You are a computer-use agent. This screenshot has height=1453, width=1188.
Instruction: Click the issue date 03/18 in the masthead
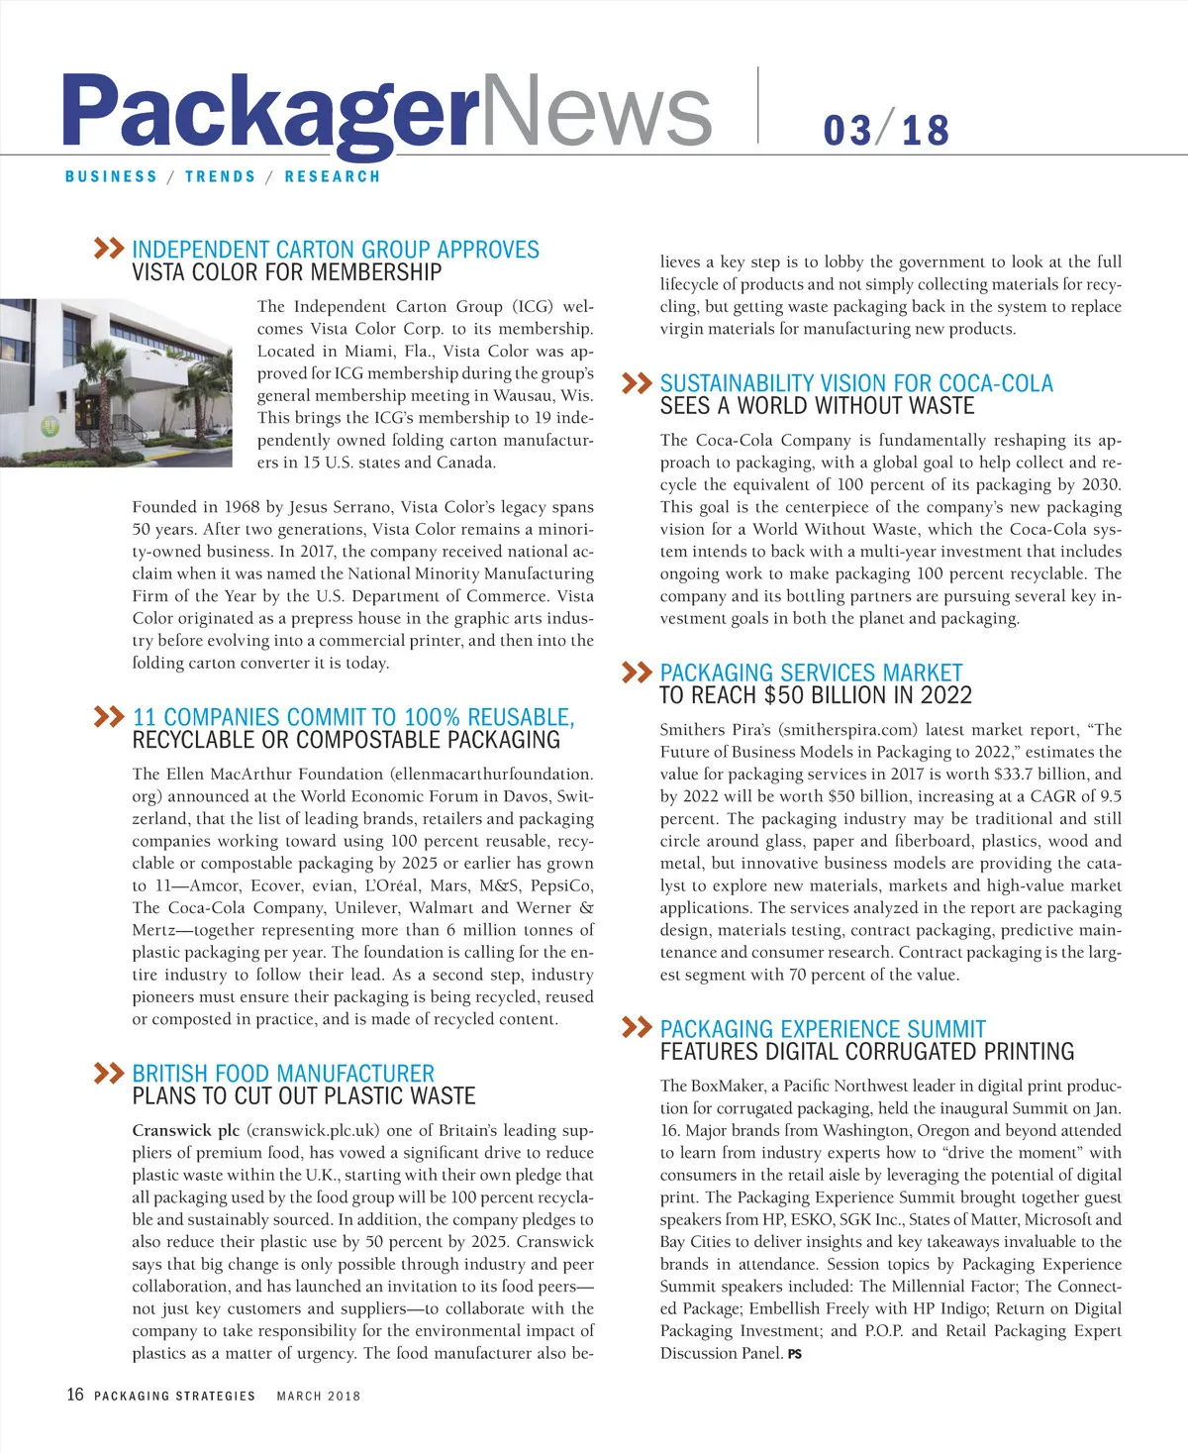[x=886, y=131]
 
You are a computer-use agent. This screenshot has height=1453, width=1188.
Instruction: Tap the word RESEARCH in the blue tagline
[x=332, y=177]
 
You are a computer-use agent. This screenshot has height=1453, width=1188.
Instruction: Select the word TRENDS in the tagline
[x=220, y=177]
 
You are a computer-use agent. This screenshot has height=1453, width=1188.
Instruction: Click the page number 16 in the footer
[x=75, y=1395]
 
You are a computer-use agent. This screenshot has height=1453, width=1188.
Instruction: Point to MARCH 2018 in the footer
[x=319, y=1397]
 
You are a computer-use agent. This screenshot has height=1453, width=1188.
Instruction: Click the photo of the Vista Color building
[x=116, y=381]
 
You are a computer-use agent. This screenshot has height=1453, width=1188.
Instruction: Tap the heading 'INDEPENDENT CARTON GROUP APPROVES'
[x=336, y=250]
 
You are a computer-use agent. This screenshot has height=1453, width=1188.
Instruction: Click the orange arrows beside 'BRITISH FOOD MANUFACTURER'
[x=108, y=1073]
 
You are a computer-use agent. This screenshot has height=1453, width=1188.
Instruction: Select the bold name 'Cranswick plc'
[x=186, y=1130]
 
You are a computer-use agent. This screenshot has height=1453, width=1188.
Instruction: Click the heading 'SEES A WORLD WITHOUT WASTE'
[x=817, y=406]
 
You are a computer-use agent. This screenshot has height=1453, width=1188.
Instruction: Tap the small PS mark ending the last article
[x=795, y=1354]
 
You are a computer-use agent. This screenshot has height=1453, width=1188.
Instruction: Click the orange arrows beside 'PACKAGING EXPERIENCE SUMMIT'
[x=637, y=1027]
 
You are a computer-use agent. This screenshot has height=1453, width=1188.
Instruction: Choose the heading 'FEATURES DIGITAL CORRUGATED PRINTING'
[x=866, y=1052]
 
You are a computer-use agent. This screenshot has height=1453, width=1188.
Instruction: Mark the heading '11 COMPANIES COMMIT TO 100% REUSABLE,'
[x=353, y=717]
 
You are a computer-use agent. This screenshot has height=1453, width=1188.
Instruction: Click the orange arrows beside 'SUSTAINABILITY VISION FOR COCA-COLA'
[x=637, y=382]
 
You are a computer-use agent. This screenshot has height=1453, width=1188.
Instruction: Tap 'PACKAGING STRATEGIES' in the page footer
[x=174, y=1397]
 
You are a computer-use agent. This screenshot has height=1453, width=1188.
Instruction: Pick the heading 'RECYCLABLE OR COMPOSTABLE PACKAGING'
[x=346, y=740]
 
